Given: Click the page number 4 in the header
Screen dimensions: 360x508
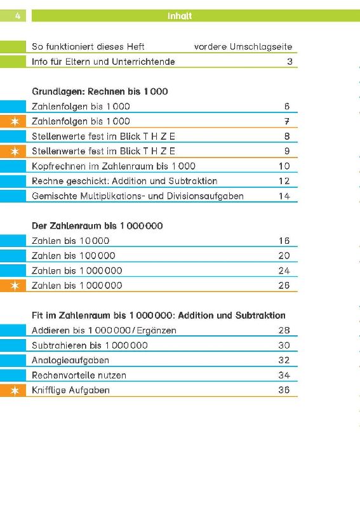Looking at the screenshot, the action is pyautogui.click(x=18, y=15).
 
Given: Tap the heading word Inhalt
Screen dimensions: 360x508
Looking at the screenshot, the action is pyautogui.click(x=180, y=16).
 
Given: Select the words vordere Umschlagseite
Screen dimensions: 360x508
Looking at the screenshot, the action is pyautogui.click(x=243, y=46).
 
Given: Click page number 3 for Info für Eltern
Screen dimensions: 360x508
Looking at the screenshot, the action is pyautogui.click(x=290, y=61).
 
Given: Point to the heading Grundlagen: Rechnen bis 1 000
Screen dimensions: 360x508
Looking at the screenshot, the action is pyautogui.click(x=100, y=91).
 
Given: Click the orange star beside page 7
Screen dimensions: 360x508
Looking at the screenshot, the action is pyautogui.click(x=15, y=121).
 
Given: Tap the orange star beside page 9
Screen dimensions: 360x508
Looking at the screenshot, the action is pyautogui.click(x=15, y=151).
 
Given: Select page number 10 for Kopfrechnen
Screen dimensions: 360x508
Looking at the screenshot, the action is pyautogui.click(x=284, y=166).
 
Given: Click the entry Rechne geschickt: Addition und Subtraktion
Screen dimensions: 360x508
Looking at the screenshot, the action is pyautogui.click(x=124, y=181).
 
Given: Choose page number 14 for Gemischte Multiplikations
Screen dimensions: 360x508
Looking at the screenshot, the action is pyautogui.click(x=284, y=196).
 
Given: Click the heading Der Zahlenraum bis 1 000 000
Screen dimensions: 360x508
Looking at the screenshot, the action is pyautogui.click(x=97, y=226).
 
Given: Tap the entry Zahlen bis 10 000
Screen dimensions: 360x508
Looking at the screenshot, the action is pyautogui.click(x=70, y=241).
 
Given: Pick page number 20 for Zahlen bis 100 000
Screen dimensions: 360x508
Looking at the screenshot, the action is pyautogui.click(x=284, y=256).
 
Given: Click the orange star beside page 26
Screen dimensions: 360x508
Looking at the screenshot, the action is pyautogui.click(x=15, y=285).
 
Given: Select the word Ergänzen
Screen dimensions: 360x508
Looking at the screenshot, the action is pyautogui.click(x=156, y=330).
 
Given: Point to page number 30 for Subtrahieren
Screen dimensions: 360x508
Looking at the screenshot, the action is pyautogui.click(x=284, y=345).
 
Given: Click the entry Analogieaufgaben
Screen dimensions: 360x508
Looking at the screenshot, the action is pyautogui.click(x=70, y=360).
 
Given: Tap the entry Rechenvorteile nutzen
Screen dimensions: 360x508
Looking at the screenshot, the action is pyautogui.click(x=79, y=375).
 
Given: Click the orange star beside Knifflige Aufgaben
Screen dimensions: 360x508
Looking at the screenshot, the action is pyautogui.click(x=15, y=391).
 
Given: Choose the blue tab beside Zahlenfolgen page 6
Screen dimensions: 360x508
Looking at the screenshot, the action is pyautogui.click(x=13, y=106).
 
